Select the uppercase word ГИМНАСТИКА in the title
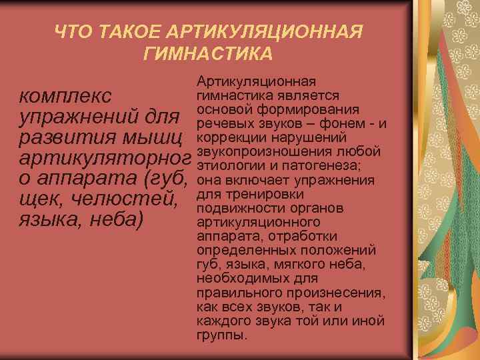(208, 52)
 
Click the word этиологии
(228, 166)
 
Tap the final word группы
(222, 335)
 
